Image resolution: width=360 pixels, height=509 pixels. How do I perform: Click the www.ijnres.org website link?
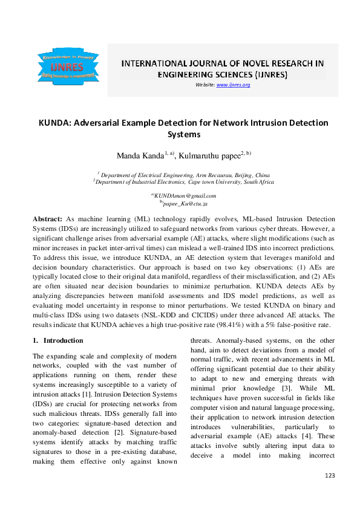233,85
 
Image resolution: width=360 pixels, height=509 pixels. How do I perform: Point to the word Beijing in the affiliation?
243,173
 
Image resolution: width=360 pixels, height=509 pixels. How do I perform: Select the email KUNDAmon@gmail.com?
185,196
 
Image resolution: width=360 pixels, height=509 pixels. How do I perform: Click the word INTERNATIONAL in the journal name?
154,63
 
